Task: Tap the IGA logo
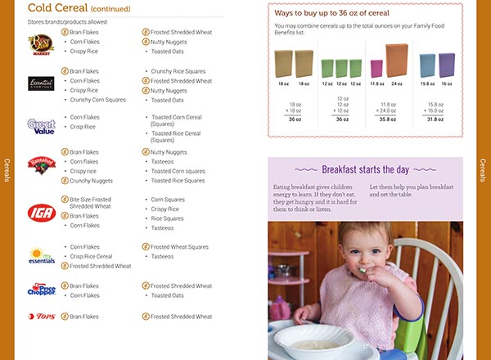[40, 213]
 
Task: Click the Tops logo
[41, 316]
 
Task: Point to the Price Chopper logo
[41, 290]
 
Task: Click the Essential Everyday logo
[41, 83]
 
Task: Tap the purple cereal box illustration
[447, 65]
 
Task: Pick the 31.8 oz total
[435, 119]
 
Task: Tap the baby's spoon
[361, 270]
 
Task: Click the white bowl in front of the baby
[316, 339]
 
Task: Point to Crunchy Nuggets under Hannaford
[92, 181]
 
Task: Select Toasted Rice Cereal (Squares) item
[176, 136]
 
